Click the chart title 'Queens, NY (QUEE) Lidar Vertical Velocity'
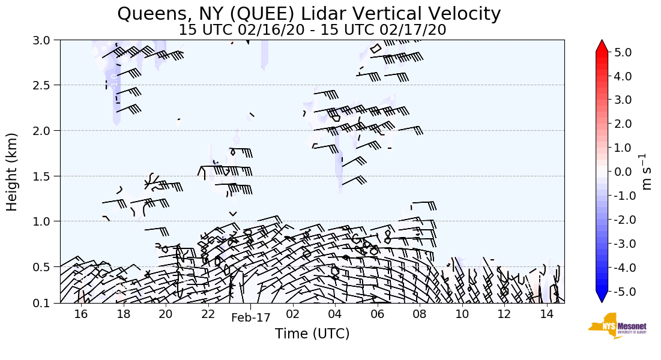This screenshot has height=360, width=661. click(309, 14)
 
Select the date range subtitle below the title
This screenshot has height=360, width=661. click(312, 30)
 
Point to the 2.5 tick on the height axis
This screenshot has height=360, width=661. click(46, 85)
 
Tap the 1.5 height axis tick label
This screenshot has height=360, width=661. click(46, 176)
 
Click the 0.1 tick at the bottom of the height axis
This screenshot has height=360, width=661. click(46, 303)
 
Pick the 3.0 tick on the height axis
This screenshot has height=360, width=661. click(46, 40)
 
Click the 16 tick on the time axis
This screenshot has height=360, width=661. click(81, 314)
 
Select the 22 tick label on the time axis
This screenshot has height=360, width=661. click(208, 314)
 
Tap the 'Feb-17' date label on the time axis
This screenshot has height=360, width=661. click(251, 318)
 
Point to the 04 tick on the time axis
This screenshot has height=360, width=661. click(334, 314)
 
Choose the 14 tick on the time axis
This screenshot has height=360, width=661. click(546, 314)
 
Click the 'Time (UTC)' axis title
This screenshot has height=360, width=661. click(312, 334)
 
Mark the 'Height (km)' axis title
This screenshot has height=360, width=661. click(13, 172)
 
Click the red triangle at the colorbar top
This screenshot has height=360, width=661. click(602, 46)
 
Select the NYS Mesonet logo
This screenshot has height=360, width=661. click(613, 326)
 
